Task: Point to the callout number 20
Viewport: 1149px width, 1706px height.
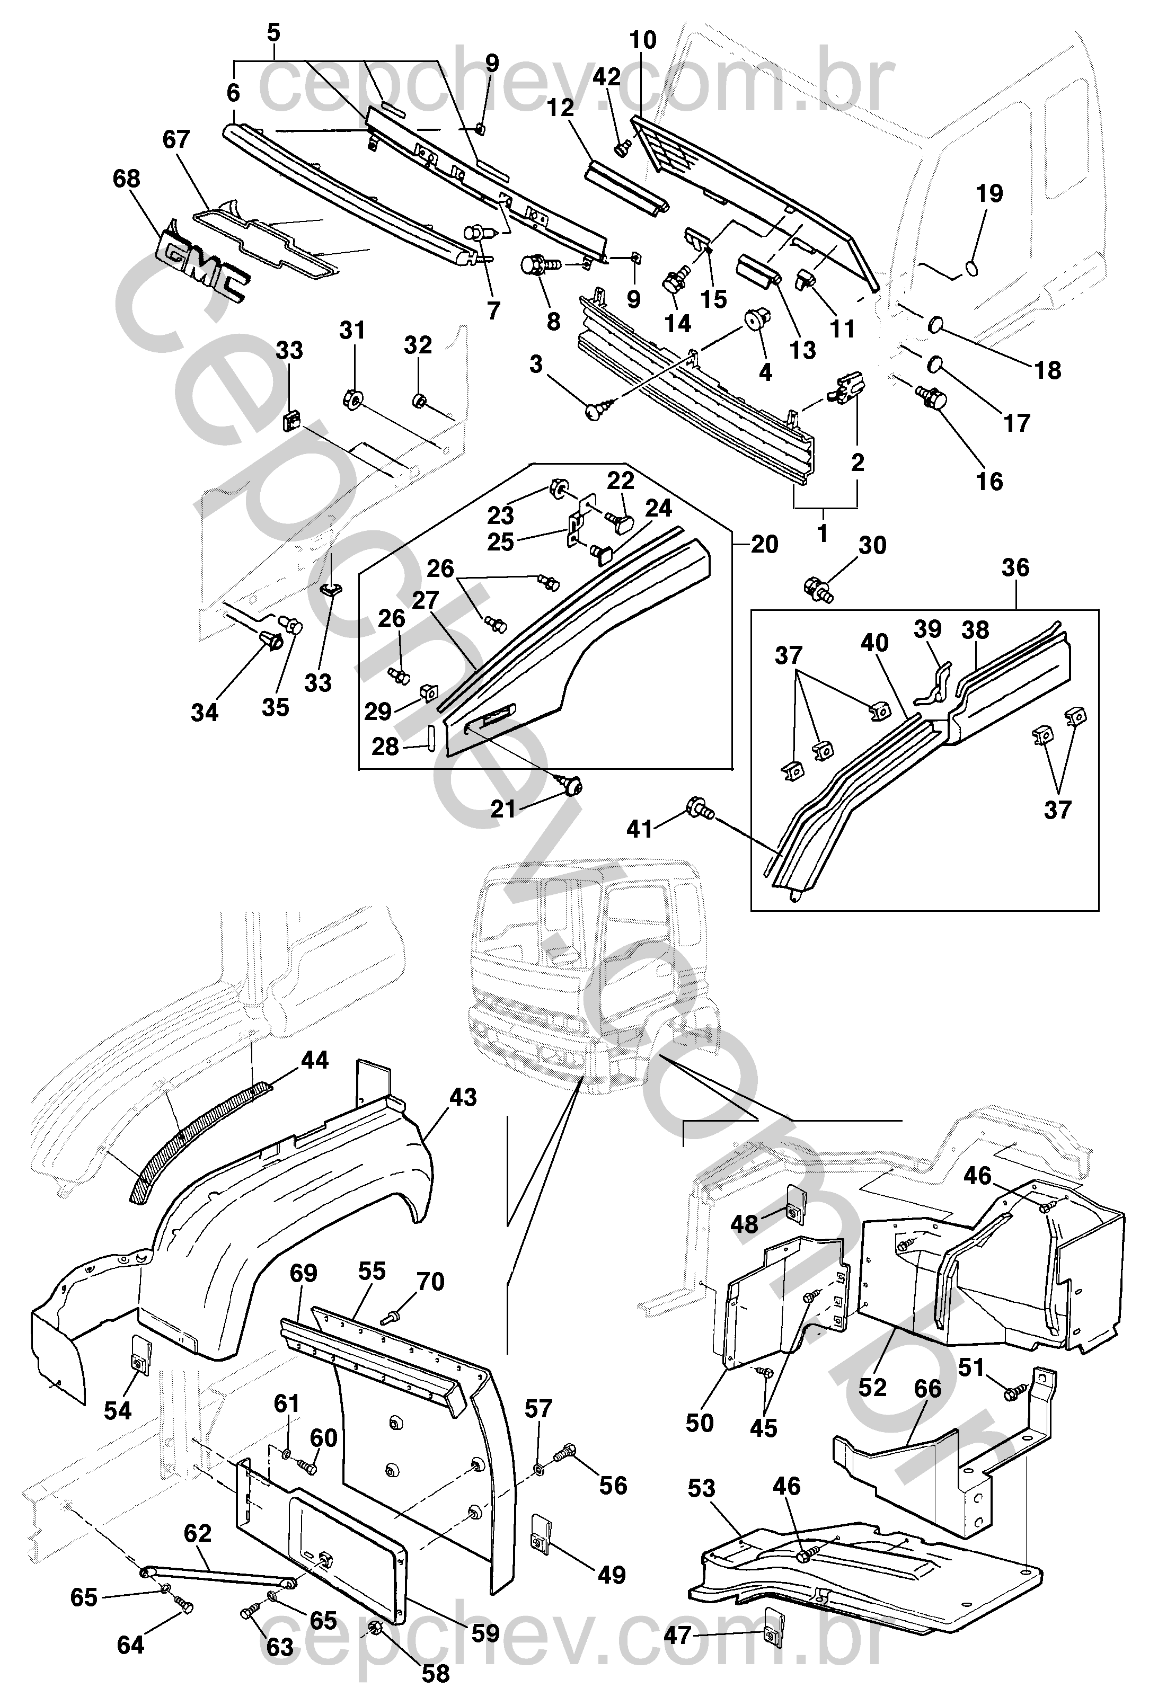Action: click(764, 544)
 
